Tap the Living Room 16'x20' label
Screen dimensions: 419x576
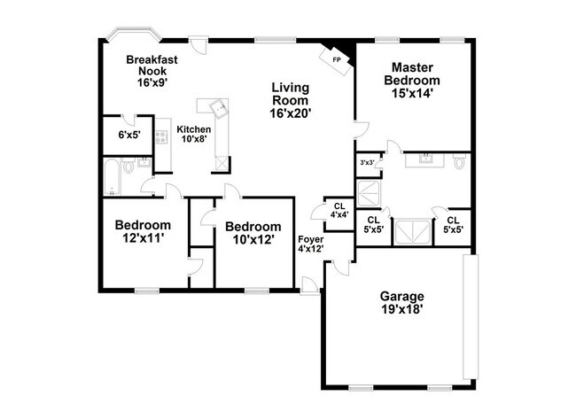click(291, 100)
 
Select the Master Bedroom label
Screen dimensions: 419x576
click(412, 80)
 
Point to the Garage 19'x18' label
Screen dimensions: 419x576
click(402, 303)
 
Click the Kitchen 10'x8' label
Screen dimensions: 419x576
click(194, 134)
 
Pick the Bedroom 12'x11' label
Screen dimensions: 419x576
click(143, 232)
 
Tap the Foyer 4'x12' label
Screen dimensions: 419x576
click(310, 244)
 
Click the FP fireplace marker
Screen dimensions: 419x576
click(336, 59)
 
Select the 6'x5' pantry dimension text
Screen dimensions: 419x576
click(128, 136)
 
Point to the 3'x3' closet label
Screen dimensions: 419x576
click(366, 163)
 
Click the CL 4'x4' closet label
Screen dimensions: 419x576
click(339, 210)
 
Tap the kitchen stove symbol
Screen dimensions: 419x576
click(161, 137)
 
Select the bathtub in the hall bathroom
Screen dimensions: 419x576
click(111, 177)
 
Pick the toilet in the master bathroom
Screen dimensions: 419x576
click(458, 163)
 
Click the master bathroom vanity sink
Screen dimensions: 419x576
click(426, 159)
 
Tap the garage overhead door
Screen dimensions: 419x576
click(471, 319)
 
